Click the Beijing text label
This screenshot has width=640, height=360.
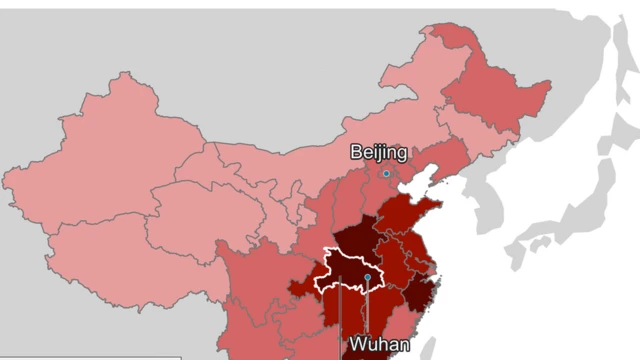pyautogui.click(x=378, y=153)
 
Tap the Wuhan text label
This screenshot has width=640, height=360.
pyautogui.click(x=379, y=345)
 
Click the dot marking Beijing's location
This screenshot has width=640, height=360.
pyautogui.click(x=386, y=173)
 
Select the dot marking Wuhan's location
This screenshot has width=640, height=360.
pyautogui.click(x=368, y=277)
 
